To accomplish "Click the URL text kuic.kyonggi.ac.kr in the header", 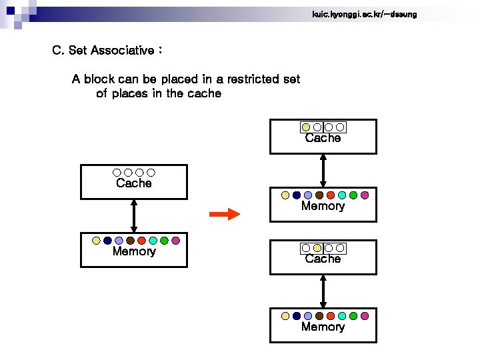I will coord(364,14).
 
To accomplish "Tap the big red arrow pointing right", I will coord(224,214).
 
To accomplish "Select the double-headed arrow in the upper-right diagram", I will coord(323,170).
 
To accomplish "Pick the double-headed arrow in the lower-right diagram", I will coord(323,291).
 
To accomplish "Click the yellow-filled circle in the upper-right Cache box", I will coord(306,127).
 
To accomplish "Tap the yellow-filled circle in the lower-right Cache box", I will coord(317,248).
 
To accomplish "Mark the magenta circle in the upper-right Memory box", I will coord(365,195).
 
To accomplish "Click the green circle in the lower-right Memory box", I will coord(353,316).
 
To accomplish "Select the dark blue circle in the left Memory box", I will coord(107,240).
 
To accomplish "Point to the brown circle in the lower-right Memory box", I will coord(319,316).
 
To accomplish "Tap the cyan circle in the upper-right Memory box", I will coord(342,195).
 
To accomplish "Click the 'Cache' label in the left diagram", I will coord(134,183).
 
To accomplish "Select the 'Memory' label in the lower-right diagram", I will coord(323,327).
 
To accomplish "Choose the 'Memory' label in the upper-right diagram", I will coord(323,207).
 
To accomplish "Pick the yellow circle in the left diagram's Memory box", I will coord(96,240).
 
